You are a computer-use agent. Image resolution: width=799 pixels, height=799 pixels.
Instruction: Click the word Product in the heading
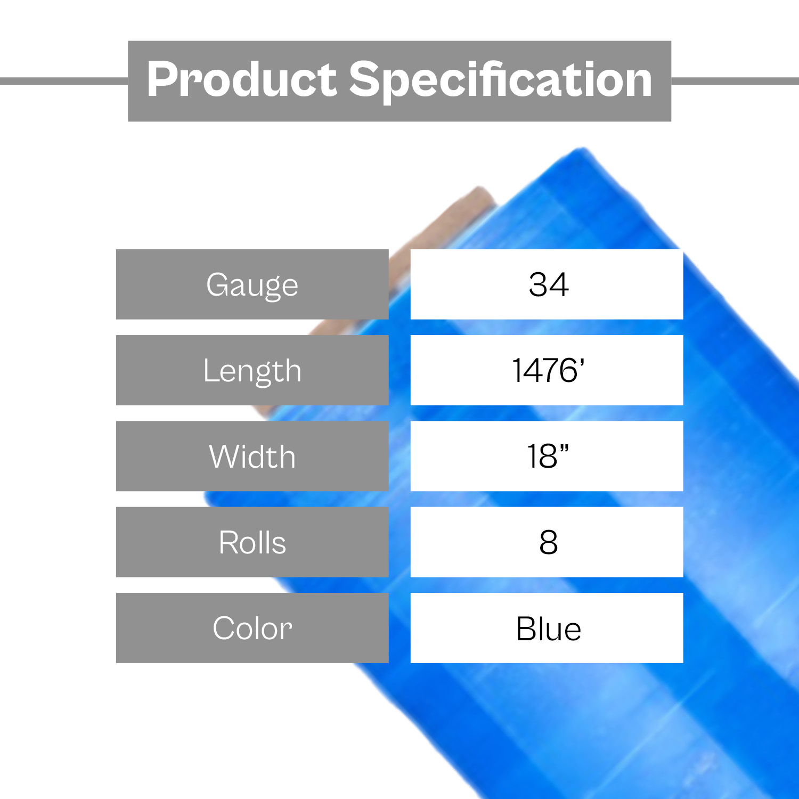[x=242, y=80]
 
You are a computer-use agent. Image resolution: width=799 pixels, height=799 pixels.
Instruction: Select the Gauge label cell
[x=252, y=284]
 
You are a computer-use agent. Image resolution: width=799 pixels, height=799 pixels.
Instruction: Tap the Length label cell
[x=252, y=370]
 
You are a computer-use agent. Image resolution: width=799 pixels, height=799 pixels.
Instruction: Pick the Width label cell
[x=252, y=456]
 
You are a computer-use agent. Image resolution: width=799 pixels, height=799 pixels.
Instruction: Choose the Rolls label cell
[x=252, y=542]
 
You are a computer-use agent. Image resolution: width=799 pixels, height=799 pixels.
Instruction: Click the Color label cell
[x=252, y=628]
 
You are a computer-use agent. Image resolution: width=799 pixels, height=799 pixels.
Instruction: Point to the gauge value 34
[x=549, y=284]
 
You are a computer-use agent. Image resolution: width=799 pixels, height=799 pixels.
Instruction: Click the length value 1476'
[x=549, y=370]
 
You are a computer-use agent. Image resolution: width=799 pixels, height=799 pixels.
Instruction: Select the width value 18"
[x=548, y=456]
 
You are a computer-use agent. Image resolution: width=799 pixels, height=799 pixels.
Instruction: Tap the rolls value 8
[x=549, y=542]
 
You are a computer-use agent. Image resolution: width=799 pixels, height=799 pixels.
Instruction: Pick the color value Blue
[x=549, y=629]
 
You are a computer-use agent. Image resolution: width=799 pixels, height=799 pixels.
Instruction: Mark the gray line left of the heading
[x=64, y=81]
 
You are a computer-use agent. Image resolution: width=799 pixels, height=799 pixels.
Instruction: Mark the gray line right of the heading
[x=735, y=81]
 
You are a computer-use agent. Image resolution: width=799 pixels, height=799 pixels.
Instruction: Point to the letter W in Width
[x=226, y=456]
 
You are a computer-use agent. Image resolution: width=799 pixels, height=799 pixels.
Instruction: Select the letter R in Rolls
[x=229, y=542]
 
